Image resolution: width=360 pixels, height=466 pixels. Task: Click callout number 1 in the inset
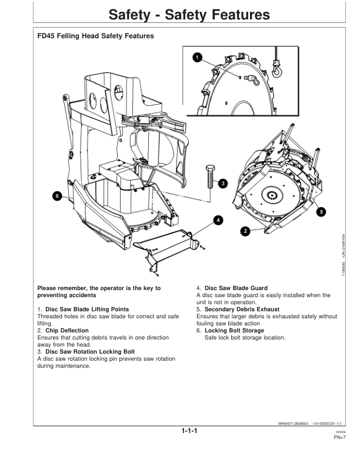click(198, 58)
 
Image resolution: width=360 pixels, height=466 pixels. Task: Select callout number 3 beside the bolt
click(222, 183)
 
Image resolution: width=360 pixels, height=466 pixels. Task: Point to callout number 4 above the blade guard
click(218, 220)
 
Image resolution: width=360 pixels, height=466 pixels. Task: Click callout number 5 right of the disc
click(321, 210)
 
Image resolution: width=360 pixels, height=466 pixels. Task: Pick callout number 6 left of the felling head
click(57, 195)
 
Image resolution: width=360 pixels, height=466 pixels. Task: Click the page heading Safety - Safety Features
click(179, 14)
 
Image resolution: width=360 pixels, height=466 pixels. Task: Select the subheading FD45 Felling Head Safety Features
click(95, 36)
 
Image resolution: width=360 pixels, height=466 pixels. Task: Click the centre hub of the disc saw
click(272, 196)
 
